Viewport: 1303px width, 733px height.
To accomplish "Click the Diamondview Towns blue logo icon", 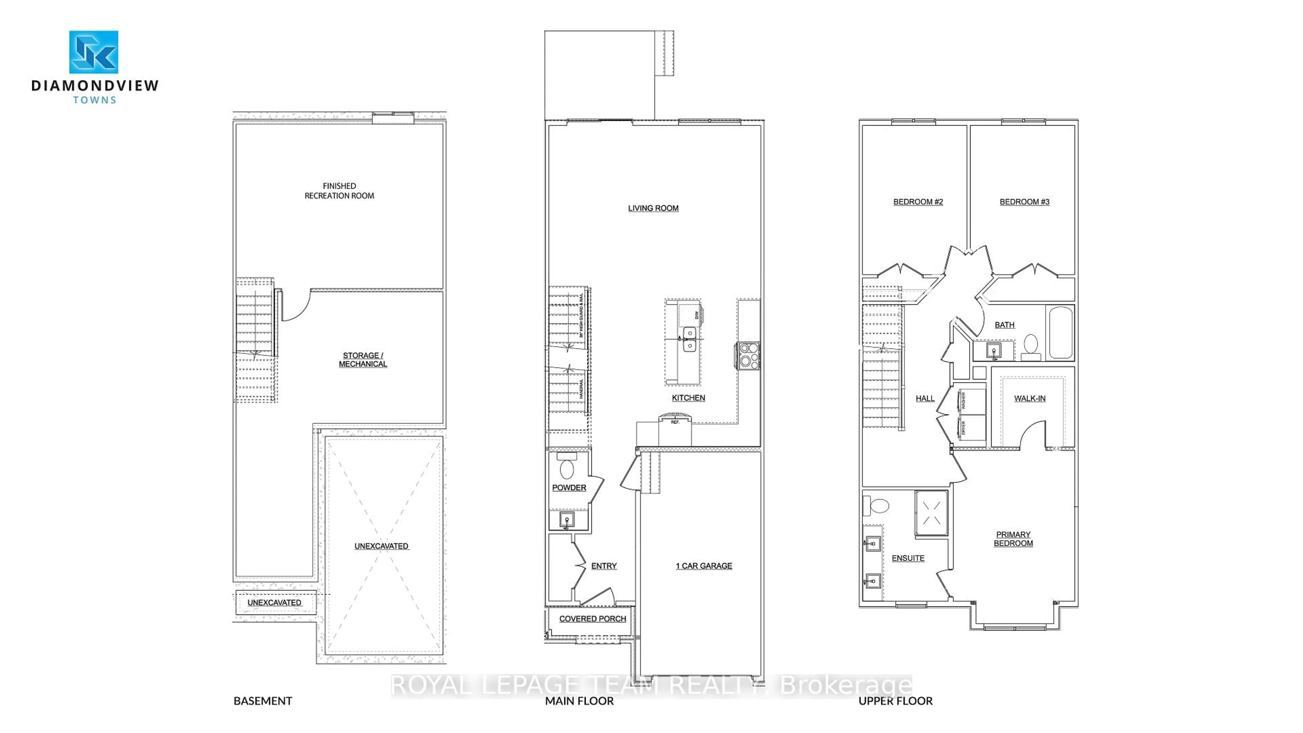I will [x=94, y=52].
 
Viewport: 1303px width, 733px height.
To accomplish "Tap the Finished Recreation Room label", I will [x=339, y=191].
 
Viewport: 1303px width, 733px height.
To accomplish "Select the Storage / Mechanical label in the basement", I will [x=363, y=360].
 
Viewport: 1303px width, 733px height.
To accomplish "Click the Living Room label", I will [x=653, y=208].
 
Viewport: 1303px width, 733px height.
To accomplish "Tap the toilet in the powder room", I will [x=567, y=468].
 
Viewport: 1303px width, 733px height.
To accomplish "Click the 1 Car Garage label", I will [x=704, y=566].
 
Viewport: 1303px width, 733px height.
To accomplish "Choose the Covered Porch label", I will [x=592, y=619].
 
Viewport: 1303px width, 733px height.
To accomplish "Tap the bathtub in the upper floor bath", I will [x=1061, y=332].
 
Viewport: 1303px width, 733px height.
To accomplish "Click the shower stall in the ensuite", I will [x=931, y=512].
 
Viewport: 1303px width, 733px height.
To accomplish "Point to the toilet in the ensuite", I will [x=878, y=505].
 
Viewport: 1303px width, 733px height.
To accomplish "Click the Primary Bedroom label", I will [x=1013, y=539].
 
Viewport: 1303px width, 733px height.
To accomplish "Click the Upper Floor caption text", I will [x=895, y=701].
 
